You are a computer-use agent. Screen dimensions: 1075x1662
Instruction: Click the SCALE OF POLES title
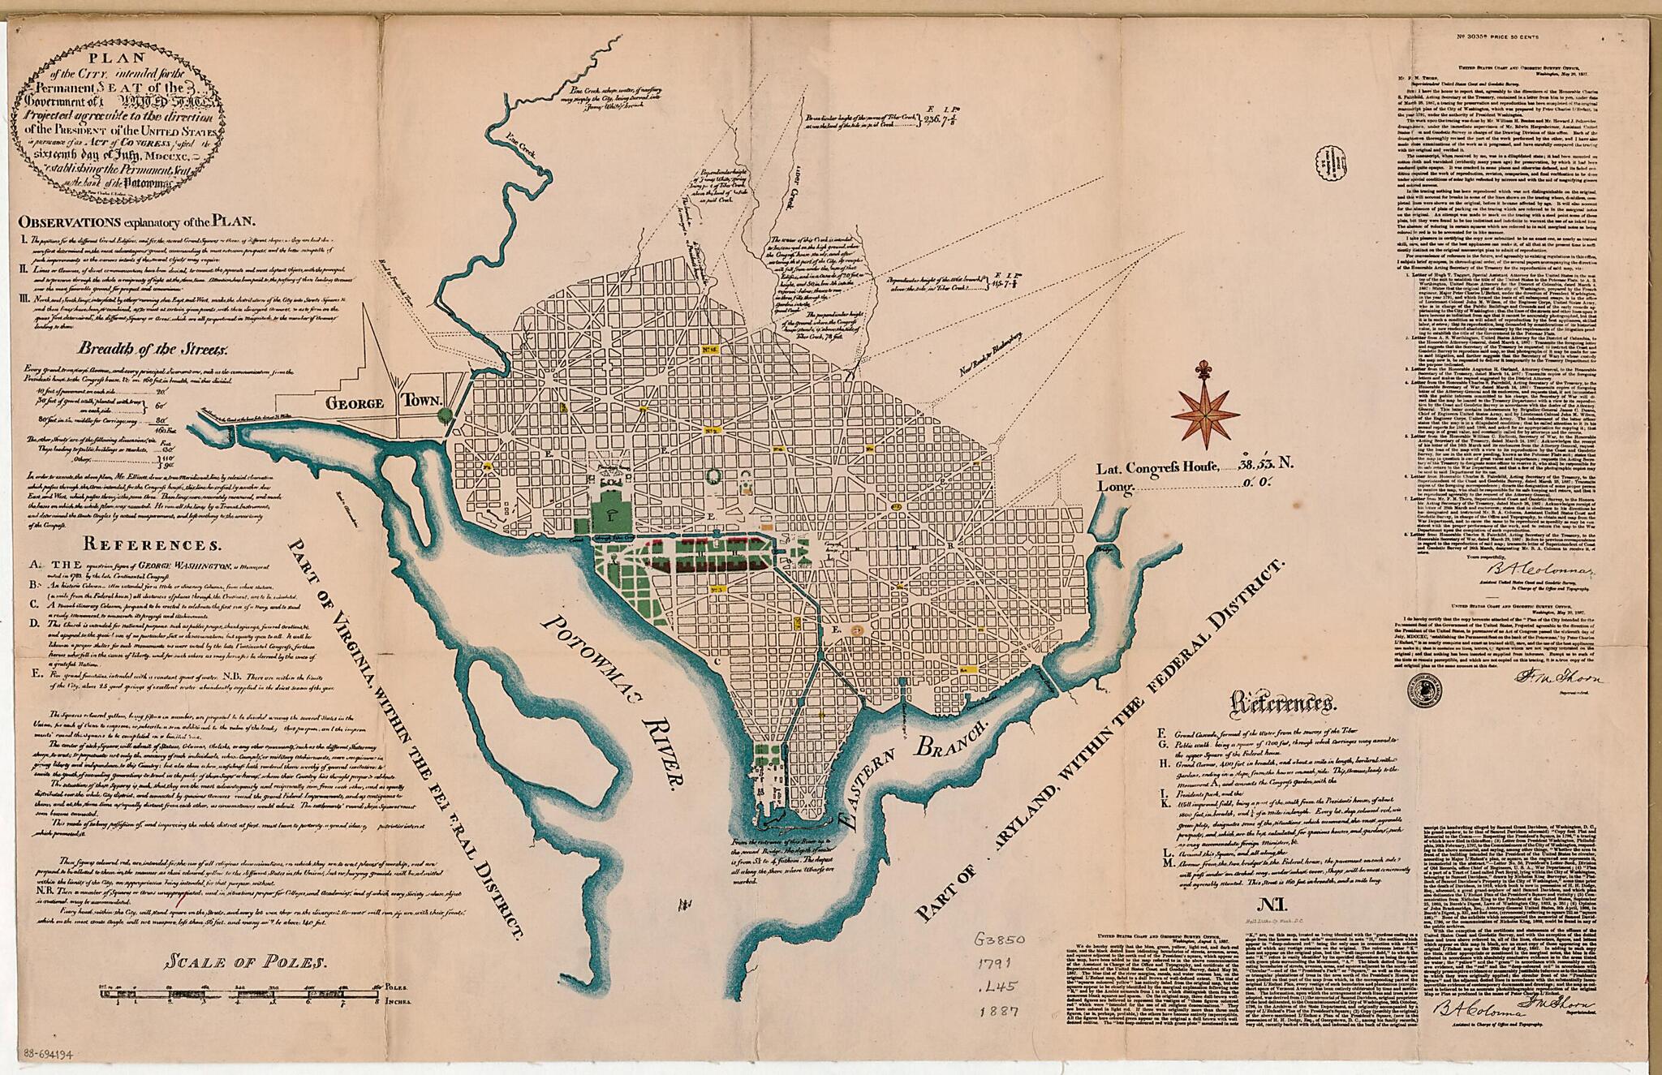(245, 964)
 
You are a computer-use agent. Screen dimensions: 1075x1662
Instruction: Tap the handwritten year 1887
(997, 1013)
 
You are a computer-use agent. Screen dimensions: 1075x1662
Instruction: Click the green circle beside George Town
(444, 415)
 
